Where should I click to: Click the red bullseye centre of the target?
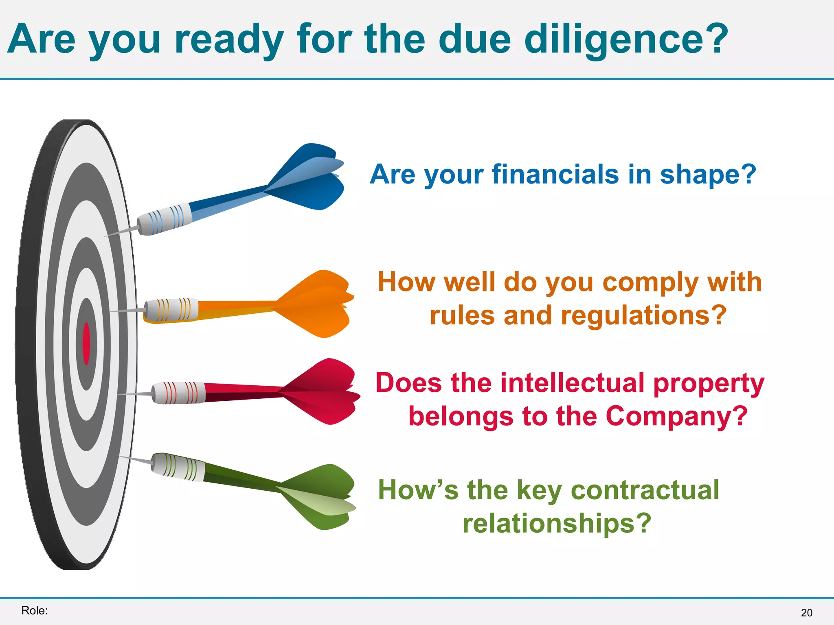(86, 343)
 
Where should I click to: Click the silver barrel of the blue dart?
(165, 219)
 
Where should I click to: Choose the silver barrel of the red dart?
(178, 393)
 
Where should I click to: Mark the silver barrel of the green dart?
(178, 467)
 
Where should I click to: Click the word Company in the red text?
(676, 416)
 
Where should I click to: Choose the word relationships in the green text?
(556, 523)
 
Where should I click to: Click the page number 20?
(806, 613)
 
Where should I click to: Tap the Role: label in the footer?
(35, 610)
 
